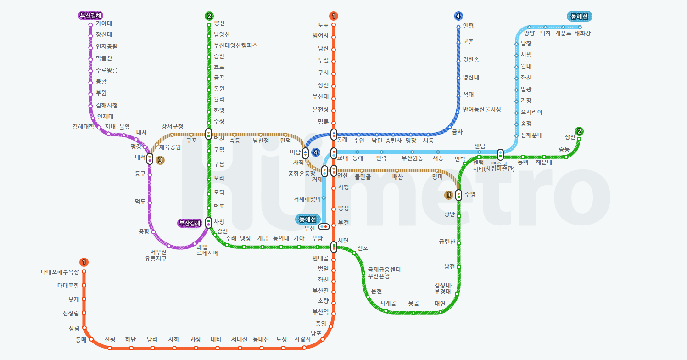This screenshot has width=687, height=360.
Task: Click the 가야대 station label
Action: point(104,23)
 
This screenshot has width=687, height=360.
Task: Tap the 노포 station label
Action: point(323,25)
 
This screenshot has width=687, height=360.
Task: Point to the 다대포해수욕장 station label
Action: point(60,272)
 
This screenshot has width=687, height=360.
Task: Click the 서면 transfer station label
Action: point(343,241)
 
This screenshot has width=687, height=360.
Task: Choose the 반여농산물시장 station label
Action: point(482,109)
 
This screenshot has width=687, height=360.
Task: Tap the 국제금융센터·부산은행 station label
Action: point(385,273)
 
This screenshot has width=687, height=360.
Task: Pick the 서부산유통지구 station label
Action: point(156,255)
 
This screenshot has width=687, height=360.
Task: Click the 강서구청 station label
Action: point(172,126)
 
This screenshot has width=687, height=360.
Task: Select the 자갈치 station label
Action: point(302,339)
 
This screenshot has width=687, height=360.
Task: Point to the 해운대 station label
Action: point(544,162)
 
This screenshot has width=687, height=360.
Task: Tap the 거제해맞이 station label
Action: point(307,198)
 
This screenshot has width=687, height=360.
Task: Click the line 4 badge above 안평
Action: point(458,17)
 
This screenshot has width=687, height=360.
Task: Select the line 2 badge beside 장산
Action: point(580,132)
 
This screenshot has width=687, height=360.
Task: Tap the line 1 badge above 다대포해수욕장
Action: point(84,262)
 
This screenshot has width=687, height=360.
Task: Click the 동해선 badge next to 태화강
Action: point(580,17)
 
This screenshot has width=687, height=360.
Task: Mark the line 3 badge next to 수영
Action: point(448,195)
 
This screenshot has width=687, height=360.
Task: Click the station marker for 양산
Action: point(209,25)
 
